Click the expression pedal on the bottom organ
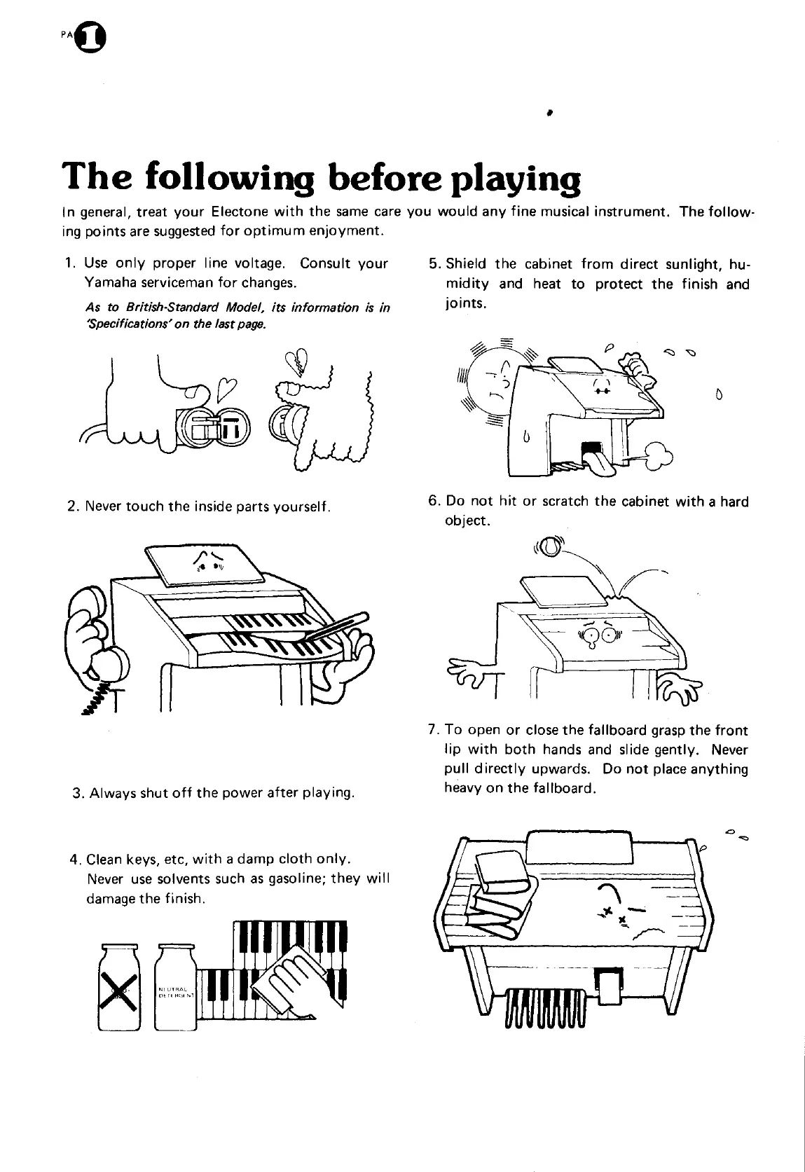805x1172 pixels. click(606, 984)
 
